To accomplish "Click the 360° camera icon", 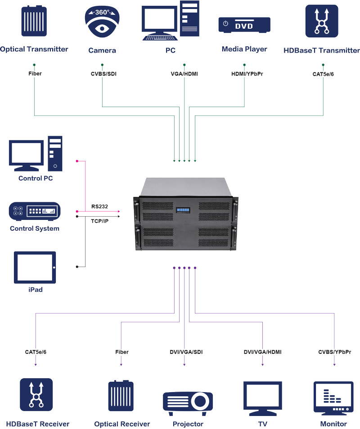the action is click(102, 22).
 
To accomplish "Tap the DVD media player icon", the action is click(244, 25).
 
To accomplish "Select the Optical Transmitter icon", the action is click(34, 21).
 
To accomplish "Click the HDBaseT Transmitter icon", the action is click(322, 21).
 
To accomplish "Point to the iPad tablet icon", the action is click(35, 267).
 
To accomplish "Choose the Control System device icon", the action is click(35, 211).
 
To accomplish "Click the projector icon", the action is click(188, 403).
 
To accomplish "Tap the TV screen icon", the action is click(262, 398).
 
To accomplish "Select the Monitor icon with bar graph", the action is click(333, 398).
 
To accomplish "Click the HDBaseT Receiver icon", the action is click(36, 394).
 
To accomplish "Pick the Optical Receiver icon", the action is click(121, 395).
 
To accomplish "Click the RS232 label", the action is click(99, 206).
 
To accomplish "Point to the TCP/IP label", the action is click(99, 221).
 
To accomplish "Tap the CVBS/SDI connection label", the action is click(104, 74).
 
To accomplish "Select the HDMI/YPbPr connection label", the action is click(247, 74).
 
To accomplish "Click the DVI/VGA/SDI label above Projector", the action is click(186, 352).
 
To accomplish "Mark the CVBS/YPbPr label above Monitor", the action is click(334, 352).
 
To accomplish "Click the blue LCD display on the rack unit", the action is click(183, 210).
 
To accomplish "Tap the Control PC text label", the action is click(36, 179).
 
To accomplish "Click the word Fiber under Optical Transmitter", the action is click(35, 74).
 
